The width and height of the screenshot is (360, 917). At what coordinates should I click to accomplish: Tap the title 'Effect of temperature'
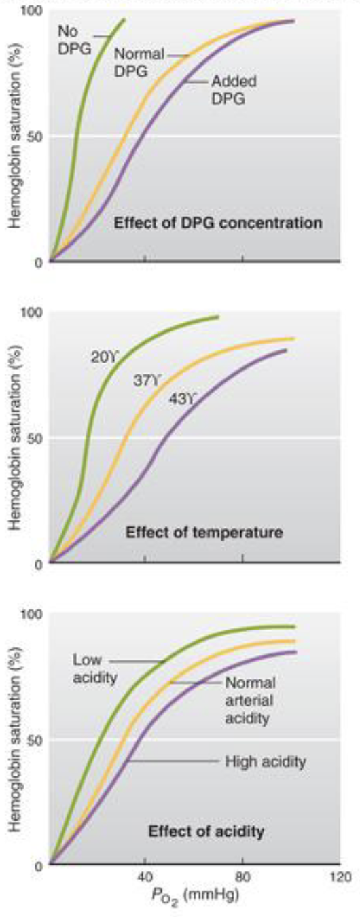click(x=204, y=533)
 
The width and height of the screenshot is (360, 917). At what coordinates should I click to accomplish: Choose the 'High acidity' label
click(x=266, y=761)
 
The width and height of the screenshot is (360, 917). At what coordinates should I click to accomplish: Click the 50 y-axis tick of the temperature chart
click(x=34, y=437)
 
